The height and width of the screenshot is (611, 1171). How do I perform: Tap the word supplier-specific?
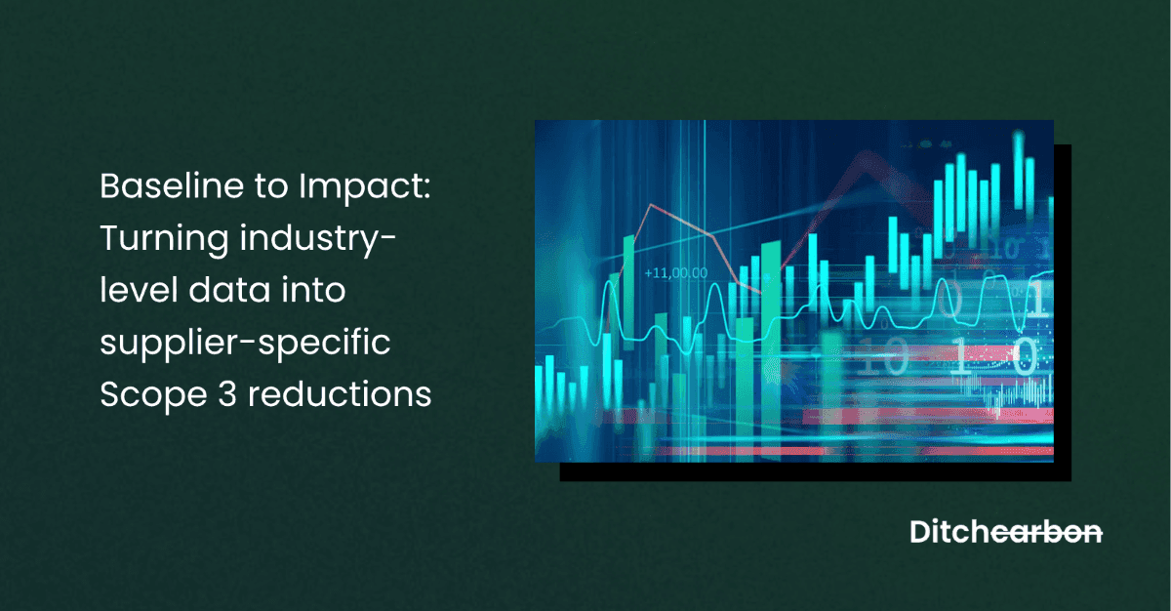tap(246, 344)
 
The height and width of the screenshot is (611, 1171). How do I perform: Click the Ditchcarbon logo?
tap(1005, 533)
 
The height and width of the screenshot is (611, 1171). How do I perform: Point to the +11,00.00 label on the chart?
tap(676, 273)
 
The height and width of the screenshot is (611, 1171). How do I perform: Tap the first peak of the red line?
tap(649, 207)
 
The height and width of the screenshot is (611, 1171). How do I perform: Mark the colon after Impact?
tap(425, 188)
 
